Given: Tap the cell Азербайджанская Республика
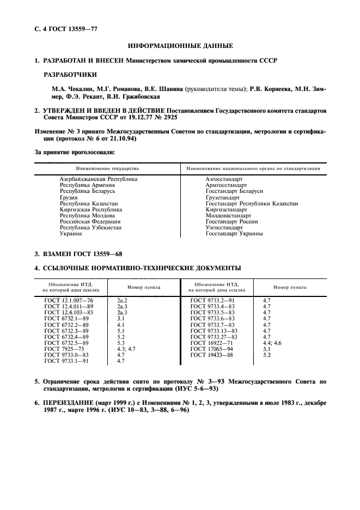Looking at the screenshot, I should pyautogui.click(x=98, y=179).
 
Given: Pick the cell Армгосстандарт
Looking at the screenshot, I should pyautogui.click(x=226, y=185).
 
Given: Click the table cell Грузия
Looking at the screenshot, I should pyautogui.click(x=68, y=197).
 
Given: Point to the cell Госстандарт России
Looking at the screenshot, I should pyautogui.click(x=231, y=222).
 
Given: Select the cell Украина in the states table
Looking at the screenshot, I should pyautogui.click(x=71, y=234).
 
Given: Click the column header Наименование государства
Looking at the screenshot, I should pyautogui.click(x=103, y=168).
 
